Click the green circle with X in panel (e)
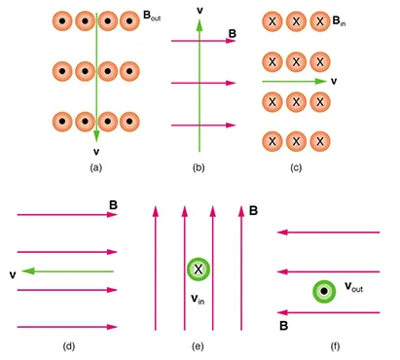pyautogui.click(x=199, y=270)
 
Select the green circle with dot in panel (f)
pyautogui.click(x=322, y=290)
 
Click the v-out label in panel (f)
pyautogui.click(x=356, y=288)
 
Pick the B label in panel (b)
pyautogui.click(x=232, y=32)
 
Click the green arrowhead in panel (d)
pyautogui.click(x=27, y=271)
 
